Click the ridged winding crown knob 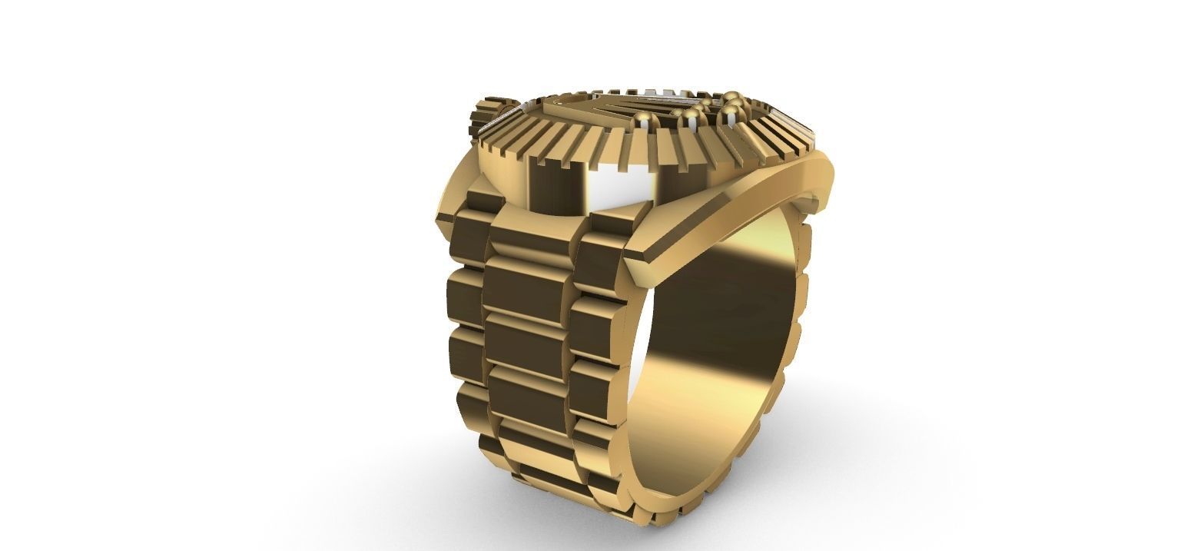pos(483,115)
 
